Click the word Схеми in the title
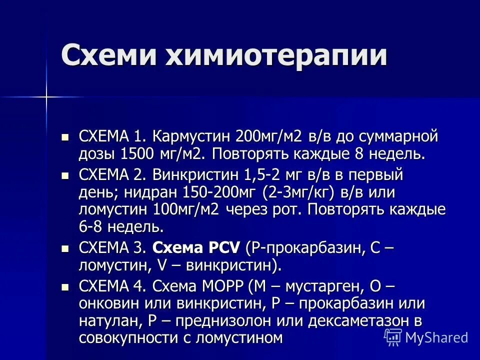pyautogui.click(x=108, y=55)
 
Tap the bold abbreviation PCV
pyautogui.click(x=221, y=247)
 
